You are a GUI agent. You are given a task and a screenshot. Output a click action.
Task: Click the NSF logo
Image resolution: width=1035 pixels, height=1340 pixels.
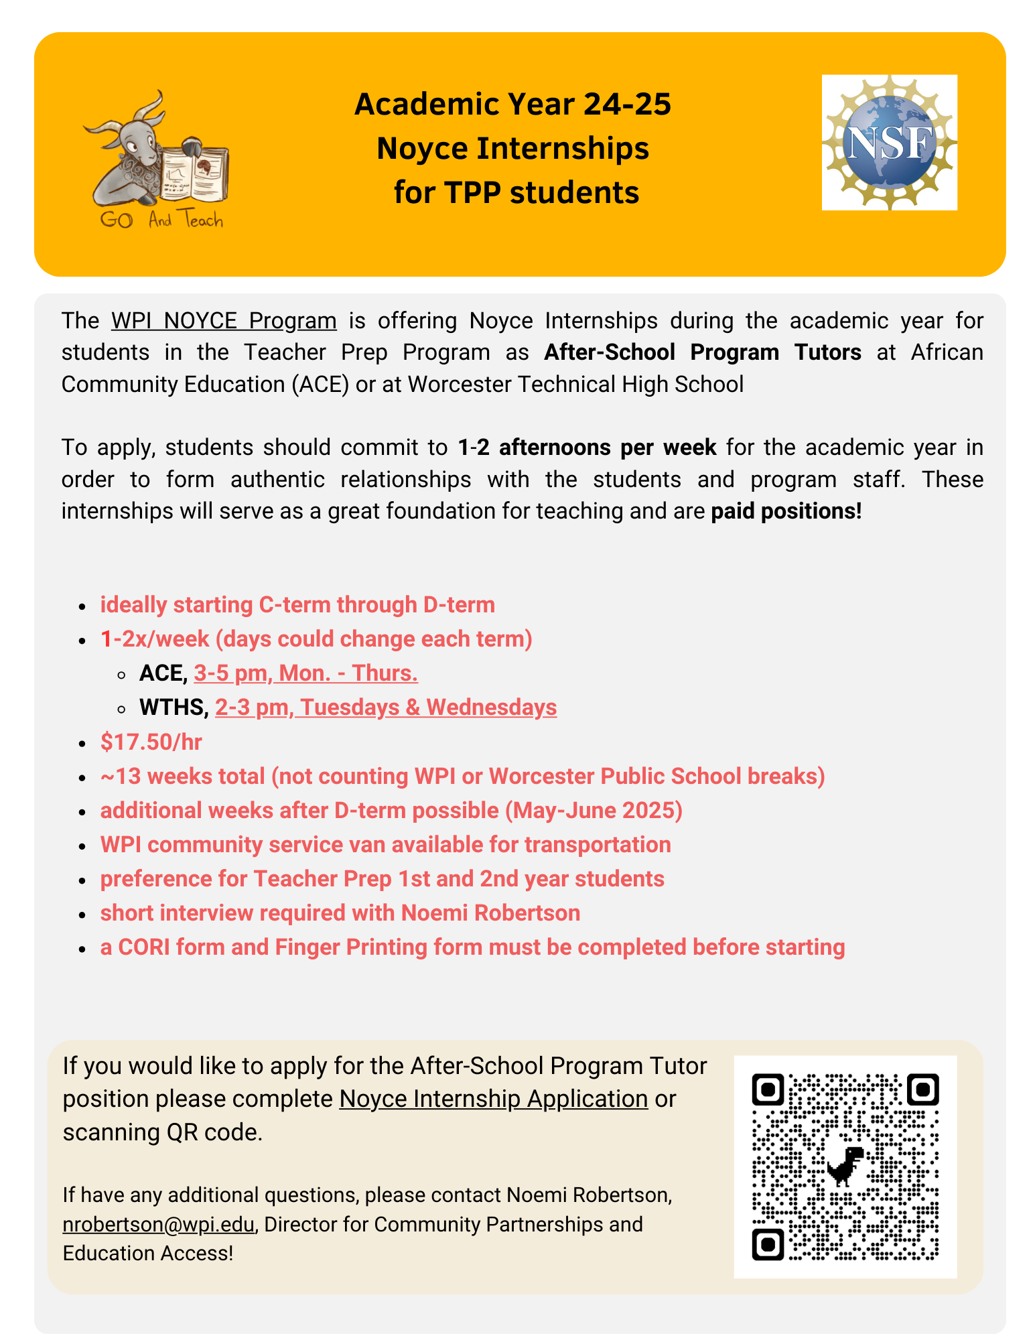point(889,142)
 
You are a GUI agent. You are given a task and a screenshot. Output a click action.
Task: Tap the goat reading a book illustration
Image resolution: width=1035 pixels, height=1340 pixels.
point(155,159)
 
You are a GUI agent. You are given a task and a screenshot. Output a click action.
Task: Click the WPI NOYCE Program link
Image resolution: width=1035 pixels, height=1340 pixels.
point(224,321)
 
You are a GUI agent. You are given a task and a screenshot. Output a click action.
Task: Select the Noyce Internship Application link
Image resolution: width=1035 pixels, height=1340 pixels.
point(493,1099)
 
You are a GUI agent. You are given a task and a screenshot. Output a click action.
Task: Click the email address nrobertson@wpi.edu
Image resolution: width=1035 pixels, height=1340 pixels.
point(159,1224)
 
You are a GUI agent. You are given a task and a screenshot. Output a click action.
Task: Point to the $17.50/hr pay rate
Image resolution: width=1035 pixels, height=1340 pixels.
point(151,742)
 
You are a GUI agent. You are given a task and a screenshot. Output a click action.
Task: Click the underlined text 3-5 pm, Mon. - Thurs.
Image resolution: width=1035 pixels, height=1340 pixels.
point(305,673)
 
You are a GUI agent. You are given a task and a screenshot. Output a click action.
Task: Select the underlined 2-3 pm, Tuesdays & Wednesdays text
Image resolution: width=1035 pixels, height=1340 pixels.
point(386,708)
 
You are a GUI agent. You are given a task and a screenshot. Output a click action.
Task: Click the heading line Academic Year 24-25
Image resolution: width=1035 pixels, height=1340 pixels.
point(512,105)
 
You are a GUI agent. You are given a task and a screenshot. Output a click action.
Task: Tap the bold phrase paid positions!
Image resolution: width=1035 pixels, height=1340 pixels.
point(786,511)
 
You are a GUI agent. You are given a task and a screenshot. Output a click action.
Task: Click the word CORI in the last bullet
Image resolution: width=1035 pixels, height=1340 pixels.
point(143,947)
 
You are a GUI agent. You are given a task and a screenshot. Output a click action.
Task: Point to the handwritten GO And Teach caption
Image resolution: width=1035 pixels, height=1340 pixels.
point(161,220)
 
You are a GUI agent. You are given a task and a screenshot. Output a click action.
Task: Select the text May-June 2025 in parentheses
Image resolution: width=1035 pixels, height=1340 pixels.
point(593,811)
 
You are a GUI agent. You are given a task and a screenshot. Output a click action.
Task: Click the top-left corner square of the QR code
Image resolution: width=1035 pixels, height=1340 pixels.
point(768,1090)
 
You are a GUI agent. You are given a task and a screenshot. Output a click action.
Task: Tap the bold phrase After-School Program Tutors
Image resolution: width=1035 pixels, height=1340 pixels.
point(702,352)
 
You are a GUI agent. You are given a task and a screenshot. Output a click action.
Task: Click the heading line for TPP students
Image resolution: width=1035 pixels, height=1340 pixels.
point(516,193)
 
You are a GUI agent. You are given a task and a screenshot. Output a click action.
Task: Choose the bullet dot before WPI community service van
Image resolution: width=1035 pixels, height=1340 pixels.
point(82,846)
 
